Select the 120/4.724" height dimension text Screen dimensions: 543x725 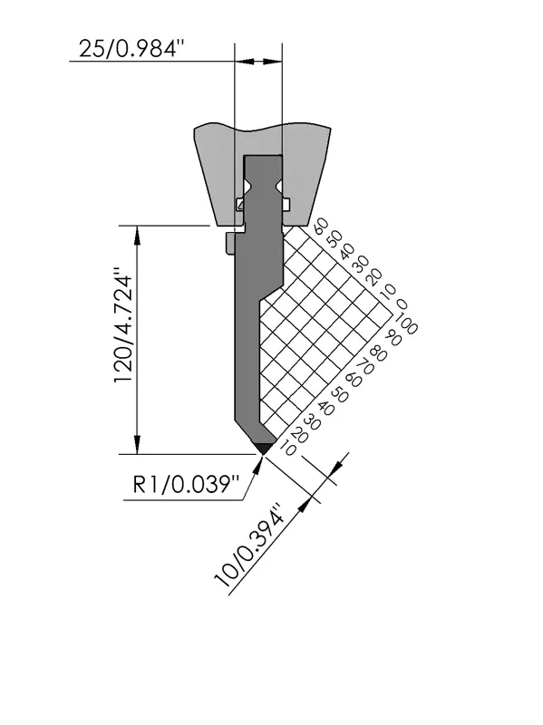click(x=124, y=324)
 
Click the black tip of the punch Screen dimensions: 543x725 click(x=264, y=448)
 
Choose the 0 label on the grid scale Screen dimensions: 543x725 click(x=402, y=304)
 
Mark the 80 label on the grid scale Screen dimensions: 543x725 click(x=379, y=354)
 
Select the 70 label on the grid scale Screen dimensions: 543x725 click(x=365, y=368)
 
